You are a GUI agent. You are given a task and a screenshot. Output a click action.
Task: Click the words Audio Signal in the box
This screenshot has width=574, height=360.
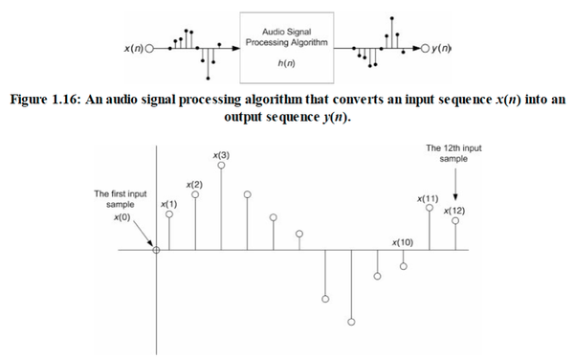click(287, 34)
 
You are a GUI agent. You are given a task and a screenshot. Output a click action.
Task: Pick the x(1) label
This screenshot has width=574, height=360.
click(168, 204)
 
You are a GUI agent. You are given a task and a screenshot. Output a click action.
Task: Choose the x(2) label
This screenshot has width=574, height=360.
click(195, 183)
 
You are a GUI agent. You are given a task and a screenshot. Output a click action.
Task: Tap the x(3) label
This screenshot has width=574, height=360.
click(221, 155)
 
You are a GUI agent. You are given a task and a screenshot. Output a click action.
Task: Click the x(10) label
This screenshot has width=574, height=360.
click(403, 244)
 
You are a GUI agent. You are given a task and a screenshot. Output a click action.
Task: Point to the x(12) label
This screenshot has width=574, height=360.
click(455, 210)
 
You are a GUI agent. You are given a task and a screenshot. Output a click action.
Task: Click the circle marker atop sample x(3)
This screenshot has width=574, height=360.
click(222, 166)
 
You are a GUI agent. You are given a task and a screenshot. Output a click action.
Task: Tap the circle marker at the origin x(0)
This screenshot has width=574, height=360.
click(156, 251)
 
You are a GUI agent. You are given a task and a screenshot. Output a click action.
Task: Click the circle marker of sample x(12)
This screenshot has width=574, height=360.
click(455, 221)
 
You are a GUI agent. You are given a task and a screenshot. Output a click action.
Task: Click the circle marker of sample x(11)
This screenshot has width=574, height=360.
click(430, 208)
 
